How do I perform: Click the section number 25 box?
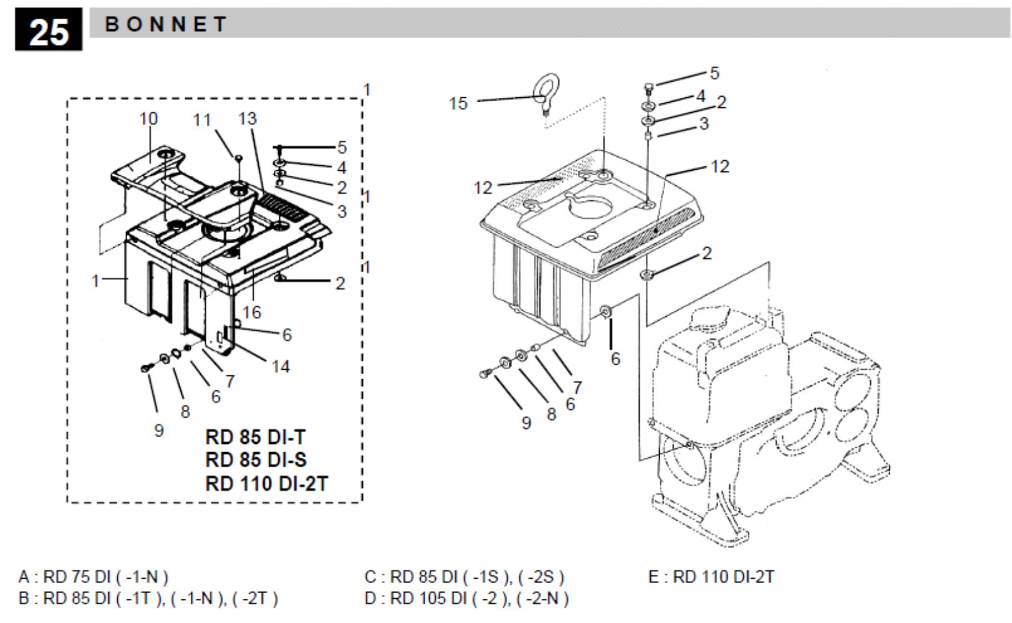point(49,29)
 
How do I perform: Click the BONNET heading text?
point(166,24)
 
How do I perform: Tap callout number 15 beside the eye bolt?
point(458,104)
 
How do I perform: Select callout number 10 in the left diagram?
point(148,119)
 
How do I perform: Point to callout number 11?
point(202,120)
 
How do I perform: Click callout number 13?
point(248,119)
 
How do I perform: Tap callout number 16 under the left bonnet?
point(252,312)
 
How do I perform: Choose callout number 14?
point(281,367)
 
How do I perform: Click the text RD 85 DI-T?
point(256,437)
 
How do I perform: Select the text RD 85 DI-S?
point(256,460)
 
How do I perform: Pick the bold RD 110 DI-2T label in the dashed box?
point(266,484)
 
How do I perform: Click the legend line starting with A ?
point(94,577)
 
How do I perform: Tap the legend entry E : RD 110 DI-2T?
point(711,577)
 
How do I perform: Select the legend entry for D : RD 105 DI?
point(466,599)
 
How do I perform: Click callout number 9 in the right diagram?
point(526,423)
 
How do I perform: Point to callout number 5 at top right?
point(715,73)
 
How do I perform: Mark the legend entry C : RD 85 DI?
point(465,577)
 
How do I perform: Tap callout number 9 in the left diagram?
point(158,430)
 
